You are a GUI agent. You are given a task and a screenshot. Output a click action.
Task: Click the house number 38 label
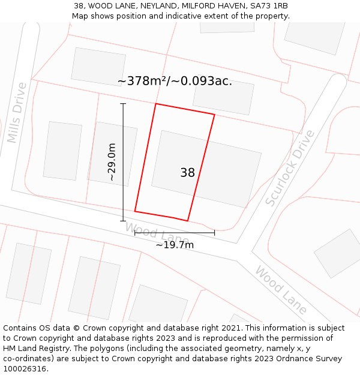[187, 173]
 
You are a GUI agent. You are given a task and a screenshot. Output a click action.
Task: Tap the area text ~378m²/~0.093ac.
[175, 81]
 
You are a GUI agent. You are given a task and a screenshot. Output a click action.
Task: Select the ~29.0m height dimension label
[112, 162]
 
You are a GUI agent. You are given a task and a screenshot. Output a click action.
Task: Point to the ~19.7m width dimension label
[175, 245]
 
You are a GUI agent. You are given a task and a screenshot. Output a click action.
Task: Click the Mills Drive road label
[17, 113]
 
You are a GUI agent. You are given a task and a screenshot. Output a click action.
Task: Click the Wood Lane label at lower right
[281, 290]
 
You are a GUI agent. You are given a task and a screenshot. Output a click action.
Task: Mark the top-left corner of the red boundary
[156, 104]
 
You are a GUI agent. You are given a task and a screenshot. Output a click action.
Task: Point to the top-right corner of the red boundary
[214, 114]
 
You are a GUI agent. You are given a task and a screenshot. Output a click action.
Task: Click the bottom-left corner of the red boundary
[135, 211]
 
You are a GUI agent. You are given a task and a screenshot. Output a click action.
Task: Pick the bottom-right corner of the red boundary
[188, 221]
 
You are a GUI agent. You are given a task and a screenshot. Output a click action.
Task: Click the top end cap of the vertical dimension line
[123, 104]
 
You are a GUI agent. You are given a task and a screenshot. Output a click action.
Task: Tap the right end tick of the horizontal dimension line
[214, 233]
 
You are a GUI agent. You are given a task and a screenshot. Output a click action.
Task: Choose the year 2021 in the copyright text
[232, 328]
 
